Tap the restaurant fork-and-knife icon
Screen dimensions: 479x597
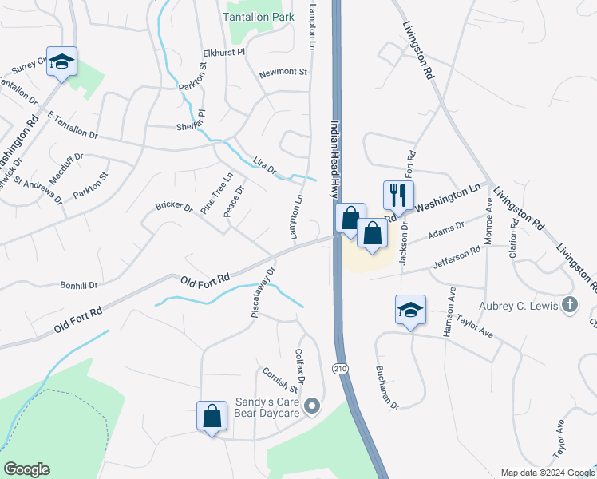click(x=397, y=194)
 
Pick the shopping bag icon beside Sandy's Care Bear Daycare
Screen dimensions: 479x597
click(x=212, y=416)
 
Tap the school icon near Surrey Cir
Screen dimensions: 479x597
click(x=61, y=61)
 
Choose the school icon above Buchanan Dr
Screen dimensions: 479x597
click(x=410, y=310)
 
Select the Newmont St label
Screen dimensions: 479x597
click(x=283, y=73)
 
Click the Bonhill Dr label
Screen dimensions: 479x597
click(x=78, y=284)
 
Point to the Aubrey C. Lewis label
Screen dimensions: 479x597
click(x=517, y=305)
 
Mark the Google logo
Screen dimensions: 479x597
click(x=26, y=469)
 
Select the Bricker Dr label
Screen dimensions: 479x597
click(x=174, y=207)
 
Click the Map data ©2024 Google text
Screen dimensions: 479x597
click(x=547, y=473)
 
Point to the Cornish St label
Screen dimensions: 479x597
click(x=280, y=381)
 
